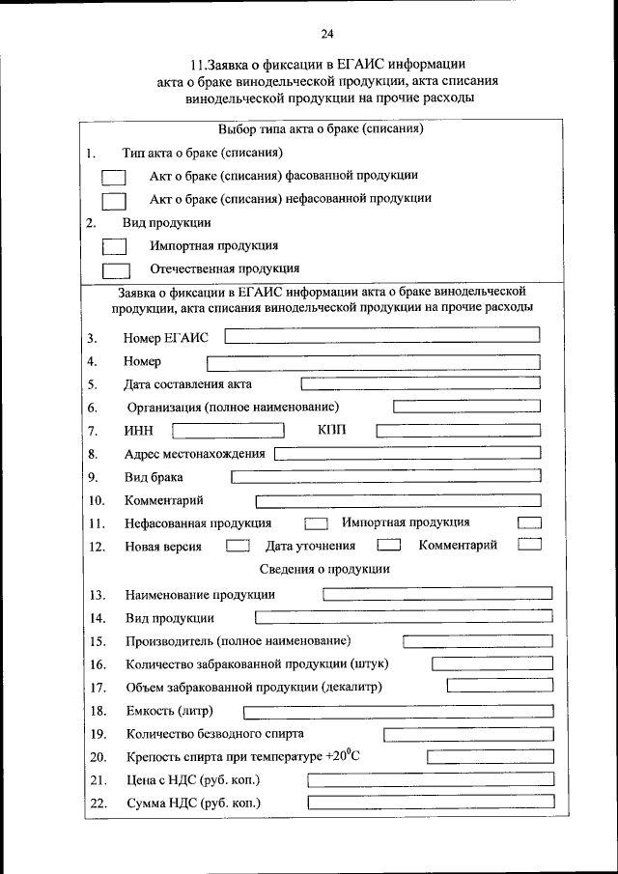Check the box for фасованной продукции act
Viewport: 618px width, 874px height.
pyautogui.click(x=114, y=178)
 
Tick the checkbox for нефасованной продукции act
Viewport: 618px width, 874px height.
pyautogui.click(x=114, y=200)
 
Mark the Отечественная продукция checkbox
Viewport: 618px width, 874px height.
pyautogui.click(x=116, y=270)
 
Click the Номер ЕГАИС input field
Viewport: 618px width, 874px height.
pyautogui.click(x=381, y=335)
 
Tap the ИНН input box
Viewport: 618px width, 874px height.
pyautogui.click(x=228, y=430)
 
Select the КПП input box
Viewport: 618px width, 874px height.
pyautogui.click(x=458, y=430)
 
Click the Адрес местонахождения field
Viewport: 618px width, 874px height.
pyautogui.click(x=407, y=454)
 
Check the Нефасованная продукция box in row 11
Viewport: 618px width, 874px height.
pyautogui.click(x=316, y=523)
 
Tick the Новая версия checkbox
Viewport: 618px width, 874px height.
pyautogui.click(x=237, y=546)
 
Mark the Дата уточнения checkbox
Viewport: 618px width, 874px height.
pyautogui.click(x=388, y=546)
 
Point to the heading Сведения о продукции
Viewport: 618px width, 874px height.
pyautogui.click(x=324, y=570)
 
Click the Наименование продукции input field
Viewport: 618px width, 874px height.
pyautogui.click(x=437, y=594)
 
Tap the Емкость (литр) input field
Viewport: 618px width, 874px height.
pyautogui.click(x=397, y=712)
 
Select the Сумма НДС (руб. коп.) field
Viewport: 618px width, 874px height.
pyautogui.click(x=431, y=803)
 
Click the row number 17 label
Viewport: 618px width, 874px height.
pyautogui.click(x=98, y=688)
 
